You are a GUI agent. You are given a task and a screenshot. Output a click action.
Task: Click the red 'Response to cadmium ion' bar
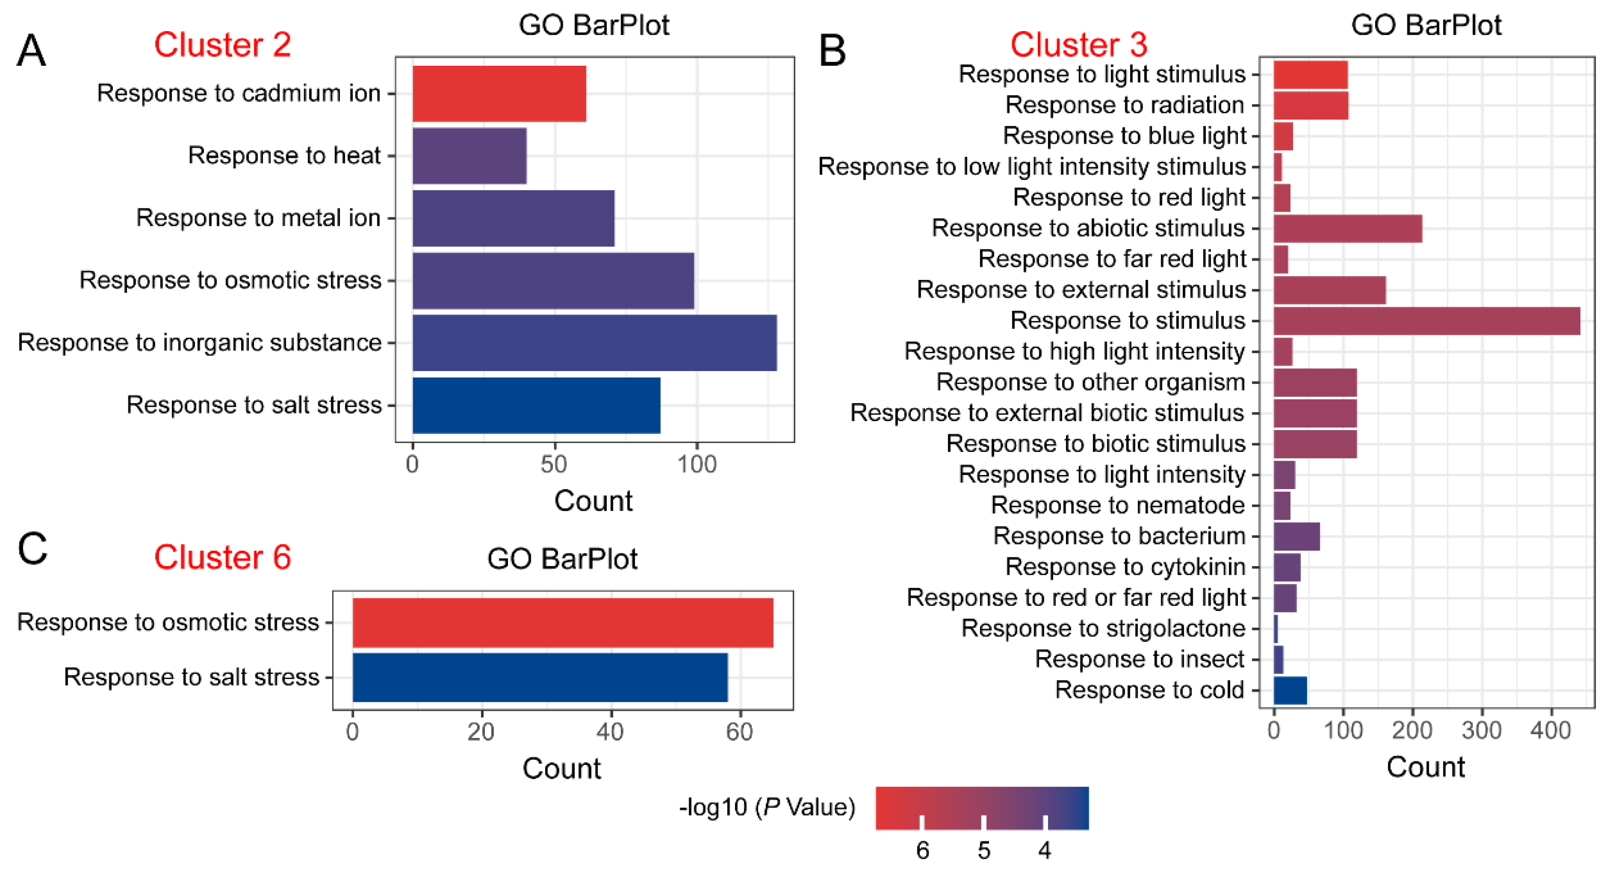499,93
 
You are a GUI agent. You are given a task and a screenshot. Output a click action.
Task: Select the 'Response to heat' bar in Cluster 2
469,156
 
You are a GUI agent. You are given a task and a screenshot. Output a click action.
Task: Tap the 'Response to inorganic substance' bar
594,343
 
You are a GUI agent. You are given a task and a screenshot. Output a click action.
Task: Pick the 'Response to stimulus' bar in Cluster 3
1426,321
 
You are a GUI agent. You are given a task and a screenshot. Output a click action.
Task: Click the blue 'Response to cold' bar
1290,690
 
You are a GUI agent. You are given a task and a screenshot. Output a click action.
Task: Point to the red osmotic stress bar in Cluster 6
563,623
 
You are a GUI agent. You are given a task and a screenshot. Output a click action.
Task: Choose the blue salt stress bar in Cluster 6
539,677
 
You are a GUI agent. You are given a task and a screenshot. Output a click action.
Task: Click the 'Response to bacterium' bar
1296,537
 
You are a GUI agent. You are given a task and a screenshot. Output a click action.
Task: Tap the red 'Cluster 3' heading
1078,45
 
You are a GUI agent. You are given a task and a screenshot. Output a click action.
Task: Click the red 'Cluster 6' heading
222,557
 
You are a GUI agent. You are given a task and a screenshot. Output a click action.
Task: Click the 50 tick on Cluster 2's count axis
554,465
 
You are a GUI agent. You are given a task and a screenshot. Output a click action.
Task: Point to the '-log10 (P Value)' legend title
767,808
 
